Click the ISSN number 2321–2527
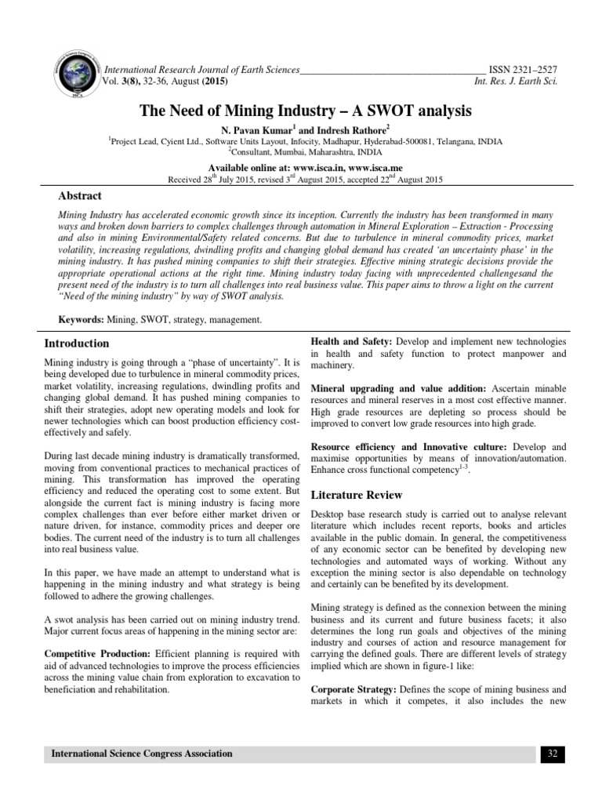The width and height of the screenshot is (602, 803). coord(533,70)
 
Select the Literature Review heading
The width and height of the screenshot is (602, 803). coord(357,495)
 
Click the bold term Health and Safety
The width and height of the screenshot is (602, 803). coord(352,343)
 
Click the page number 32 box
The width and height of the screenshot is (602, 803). coord(552,754)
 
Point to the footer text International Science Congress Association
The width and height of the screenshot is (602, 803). coord(142,754)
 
